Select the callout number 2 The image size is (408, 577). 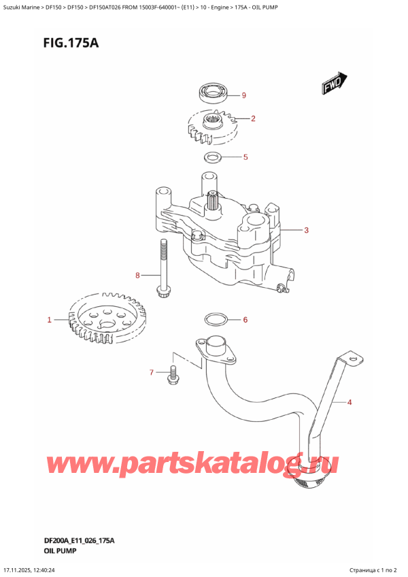click(253, 119)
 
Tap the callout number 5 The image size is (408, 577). click(245, 158)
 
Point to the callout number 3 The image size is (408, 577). click(307, 231)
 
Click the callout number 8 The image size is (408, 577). click(137, 276)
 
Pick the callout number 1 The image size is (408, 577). click(49, 319)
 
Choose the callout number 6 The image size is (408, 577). click(245, 320)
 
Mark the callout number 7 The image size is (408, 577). click(152, 372)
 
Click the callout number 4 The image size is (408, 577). click(350, 403)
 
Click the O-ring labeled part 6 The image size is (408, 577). click(213, 319)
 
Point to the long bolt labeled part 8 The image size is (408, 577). click(163, 269)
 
